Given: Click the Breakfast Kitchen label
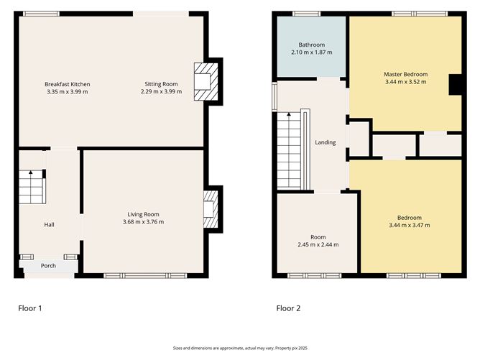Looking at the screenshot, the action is tap(68, 84).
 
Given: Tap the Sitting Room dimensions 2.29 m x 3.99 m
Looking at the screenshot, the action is tap(162, 91).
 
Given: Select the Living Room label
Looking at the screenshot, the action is tap(143, 214).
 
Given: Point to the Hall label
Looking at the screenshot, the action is tap(49, 225).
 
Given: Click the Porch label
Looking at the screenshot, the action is tap(48, 266).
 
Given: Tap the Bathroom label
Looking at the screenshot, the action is tap(312, 45).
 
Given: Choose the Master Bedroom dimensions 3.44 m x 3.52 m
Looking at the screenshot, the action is tap(405, 82).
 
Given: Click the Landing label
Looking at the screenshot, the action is tap(326, 142).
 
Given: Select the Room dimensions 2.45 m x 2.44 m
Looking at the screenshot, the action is tap(318, 244).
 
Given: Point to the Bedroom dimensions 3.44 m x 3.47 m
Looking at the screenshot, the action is tap(410, 226).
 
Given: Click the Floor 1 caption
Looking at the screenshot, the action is tap(30, 308).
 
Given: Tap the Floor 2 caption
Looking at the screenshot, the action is tap(288, 308).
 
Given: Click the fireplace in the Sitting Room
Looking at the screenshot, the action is tap(206, 82).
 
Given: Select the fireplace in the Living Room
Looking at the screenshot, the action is tap(211, 209).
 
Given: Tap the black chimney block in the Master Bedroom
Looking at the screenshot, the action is tap(455, 85).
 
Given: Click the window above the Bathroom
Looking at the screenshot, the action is tap(306, 14).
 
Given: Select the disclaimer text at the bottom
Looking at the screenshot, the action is tap(240, 348).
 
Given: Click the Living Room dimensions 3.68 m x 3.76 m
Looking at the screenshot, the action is tap(143, 222).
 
